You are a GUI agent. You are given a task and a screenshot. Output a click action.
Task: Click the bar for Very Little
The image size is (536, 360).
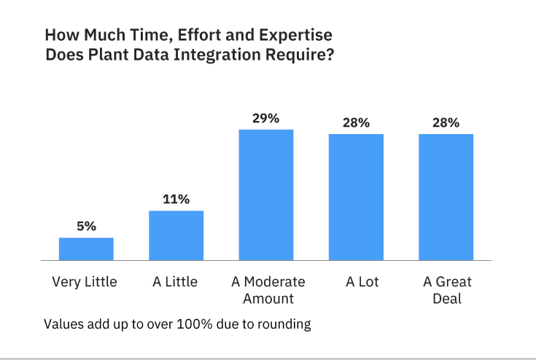pos(86,249)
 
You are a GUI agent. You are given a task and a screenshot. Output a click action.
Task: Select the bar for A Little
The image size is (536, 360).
pos(176,235)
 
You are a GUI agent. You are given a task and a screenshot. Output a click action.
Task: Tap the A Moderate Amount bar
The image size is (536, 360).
pos(266,195)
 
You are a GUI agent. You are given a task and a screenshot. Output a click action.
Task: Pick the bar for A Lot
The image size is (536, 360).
pos(356,197)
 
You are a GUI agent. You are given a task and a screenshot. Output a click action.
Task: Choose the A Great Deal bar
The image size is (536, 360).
pos(446,197)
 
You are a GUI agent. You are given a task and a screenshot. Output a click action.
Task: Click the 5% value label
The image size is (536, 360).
pos(86,226)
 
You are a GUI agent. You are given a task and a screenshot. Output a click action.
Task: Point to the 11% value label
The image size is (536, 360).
pos(176,199)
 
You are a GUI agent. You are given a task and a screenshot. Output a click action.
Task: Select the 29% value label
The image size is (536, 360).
pos(266,118)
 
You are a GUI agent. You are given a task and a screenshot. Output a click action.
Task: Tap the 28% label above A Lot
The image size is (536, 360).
pos(356,122)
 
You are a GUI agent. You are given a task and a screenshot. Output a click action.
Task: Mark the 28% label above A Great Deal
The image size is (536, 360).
pos(446,122)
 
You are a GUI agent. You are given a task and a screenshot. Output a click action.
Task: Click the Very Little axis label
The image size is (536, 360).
pos(85,282)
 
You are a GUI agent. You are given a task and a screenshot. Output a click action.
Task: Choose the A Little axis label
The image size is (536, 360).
pos(175,282)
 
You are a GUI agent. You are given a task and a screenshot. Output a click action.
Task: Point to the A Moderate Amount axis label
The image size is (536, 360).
pos(268,290)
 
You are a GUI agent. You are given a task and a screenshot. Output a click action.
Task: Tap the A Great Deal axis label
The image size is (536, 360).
pos(448,290)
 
